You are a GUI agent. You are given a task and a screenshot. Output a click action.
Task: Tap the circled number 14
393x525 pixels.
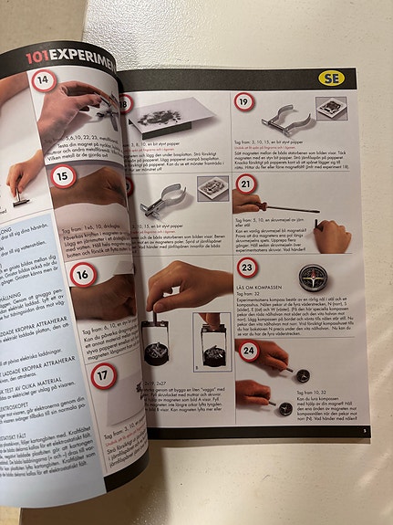[43, 79]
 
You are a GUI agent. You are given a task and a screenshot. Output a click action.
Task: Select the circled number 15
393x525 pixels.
[61, 175]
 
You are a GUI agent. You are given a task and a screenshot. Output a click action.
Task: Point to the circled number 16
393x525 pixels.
[83, 273]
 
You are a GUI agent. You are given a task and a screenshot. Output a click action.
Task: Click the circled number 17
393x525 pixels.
[104, 374]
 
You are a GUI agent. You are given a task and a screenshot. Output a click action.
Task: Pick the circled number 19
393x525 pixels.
[244, 101]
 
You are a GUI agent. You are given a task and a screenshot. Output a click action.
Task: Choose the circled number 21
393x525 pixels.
[245, 184]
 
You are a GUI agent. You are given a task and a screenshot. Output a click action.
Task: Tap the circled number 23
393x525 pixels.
[246, 268]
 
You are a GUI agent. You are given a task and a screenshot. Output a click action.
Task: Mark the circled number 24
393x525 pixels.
[247, 349]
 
